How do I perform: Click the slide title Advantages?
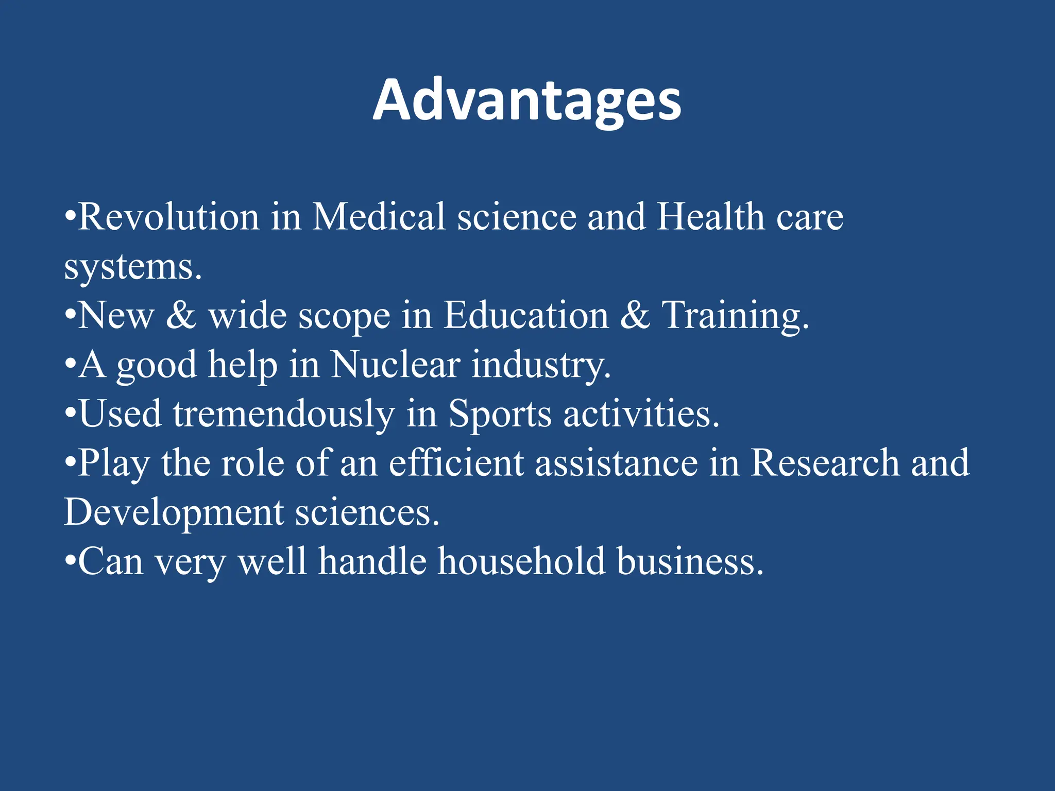(527, 100)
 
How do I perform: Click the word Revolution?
(168, 217)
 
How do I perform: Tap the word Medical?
(379, 217)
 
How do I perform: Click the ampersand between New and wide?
(181, 315)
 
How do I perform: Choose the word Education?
(526, 315)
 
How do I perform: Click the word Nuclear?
(395, 365)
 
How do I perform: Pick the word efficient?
(456, 463)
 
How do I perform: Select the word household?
(521, 561)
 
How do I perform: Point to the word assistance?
(616, 463)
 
